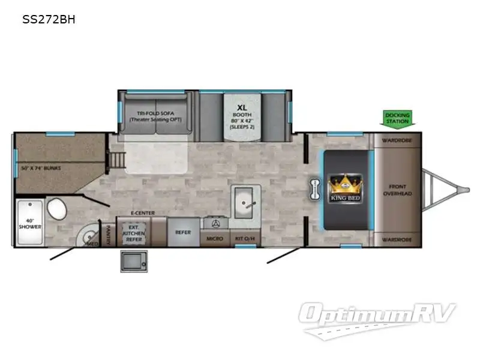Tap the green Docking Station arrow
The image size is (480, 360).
397,118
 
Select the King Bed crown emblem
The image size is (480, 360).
344,183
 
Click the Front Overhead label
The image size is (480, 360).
398,190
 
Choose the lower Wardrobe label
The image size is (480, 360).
398,239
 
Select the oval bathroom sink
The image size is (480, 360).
58,209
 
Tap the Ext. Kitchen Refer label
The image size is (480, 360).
134,232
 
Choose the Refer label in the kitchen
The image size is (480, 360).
182,232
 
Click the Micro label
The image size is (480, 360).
215,239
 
